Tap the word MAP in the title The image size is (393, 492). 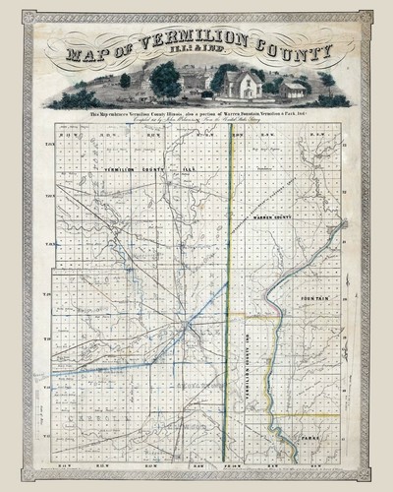91,57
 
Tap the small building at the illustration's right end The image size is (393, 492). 293,91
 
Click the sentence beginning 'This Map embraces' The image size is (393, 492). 196,116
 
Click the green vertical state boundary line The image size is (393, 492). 229,295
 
